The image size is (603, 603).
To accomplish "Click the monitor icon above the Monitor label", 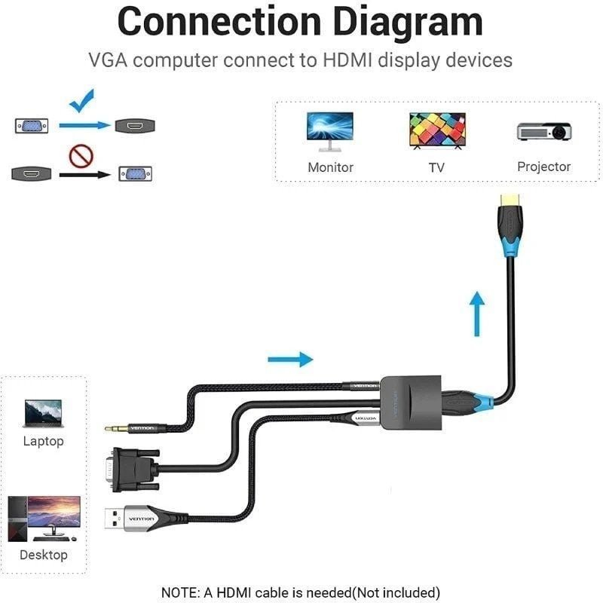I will click(329, 130).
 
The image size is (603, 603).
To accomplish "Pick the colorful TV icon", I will click(437, 130).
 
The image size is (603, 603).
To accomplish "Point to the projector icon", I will click(543, 131).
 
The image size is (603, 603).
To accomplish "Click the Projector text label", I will click(543, 167).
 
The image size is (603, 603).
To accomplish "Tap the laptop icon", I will click(43, 413).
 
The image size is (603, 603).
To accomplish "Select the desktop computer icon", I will click(44, 517).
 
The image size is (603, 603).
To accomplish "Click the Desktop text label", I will click(44, 555).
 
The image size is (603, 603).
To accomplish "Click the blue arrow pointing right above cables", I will click(290, 359).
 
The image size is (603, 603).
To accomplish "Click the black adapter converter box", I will click(407, 400).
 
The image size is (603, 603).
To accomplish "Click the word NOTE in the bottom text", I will click(181, 592).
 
